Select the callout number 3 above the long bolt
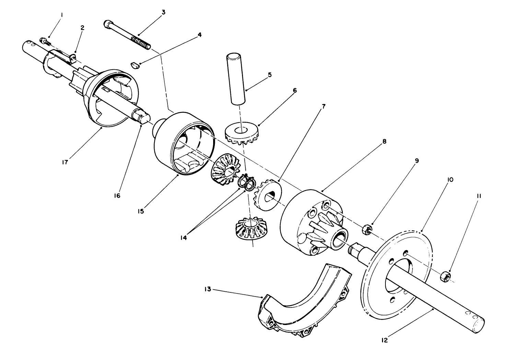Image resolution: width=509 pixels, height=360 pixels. click(163, 12)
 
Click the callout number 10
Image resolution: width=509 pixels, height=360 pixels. click(450, 179)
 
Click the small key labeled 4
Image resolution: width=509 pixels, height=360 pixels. click(136, 64)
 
